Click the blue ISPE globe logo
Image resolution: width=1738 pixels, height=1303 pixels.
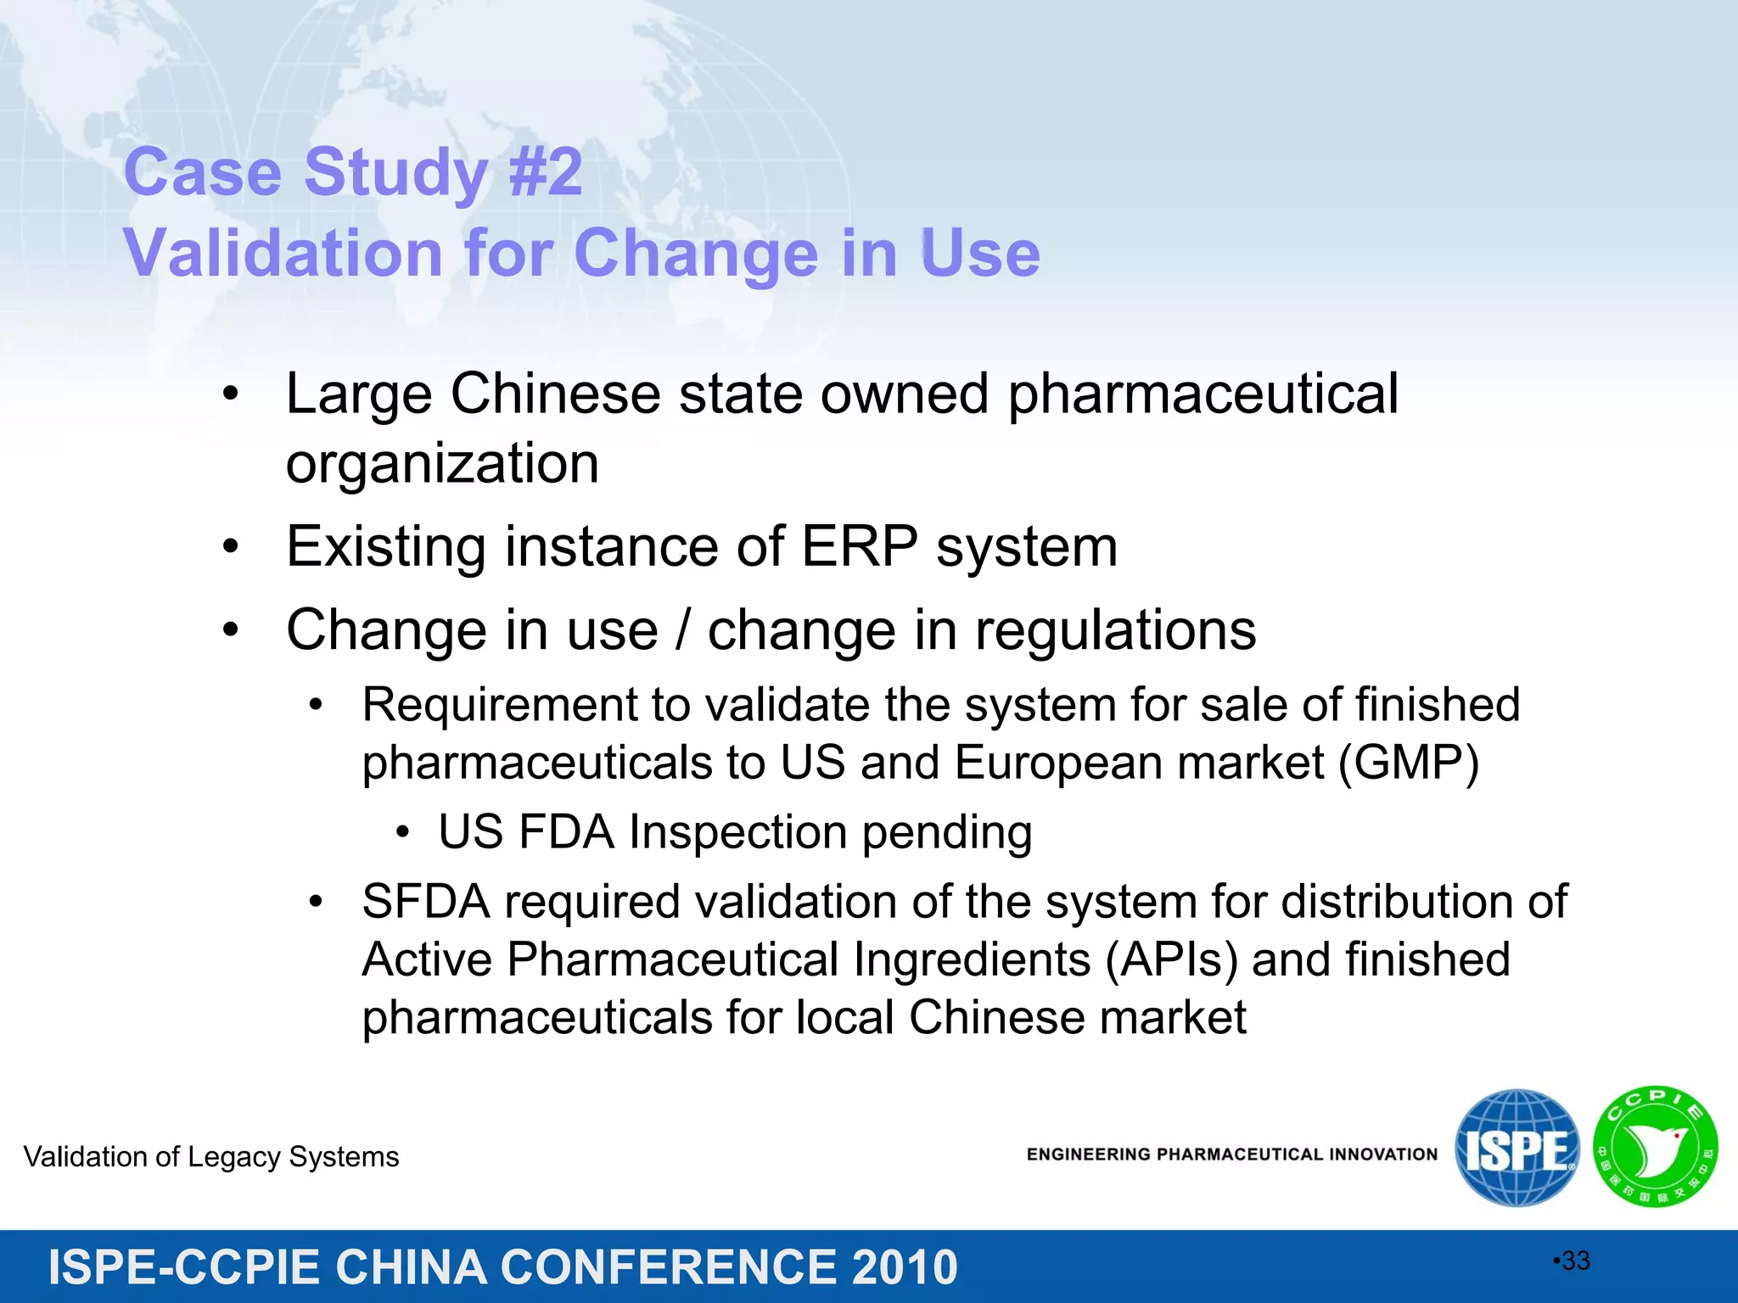click(x=1517, y=1148)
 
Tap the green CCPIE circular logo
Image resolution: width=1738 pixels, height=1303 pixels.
click(x=1656, y=1148)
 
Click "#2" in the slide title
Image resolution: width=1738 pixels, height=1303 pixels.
click(x=546, y=172)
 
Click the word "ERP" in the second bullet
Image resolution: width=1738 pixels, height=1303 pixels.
click(x=859, y=546)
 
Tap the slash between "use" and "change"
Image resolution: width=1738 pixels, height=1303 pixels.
click(x=683, y=629)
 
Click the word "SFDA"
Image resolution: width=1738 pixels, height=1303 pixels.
click(x=426, y=901)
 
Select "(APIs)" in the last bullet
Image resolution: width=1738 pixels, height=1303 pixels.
click(x=1171, y=959)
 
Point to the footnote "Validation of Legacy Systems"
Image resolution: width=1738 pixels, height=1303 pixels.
click(x=211, y=1157)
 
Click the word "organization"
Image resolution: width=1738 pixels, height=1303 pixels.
click(x=442, y=464)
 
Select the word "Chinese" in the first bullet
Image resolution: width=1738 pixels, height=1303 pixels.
click(x=555, y=394)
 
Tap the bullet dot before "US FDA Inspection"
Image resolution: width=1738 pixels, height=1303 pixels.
click(x=403, y=832)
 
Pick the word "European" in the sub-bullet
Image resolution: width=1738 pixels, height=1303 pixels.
click(x=1057, y=762)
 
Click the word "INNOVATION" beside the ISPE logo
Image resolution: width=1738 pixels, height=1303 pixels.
click(x=1383, y=1155)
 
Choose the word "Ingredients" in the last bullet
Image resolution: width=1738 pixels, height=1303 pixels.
click(x=972, y=959)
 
